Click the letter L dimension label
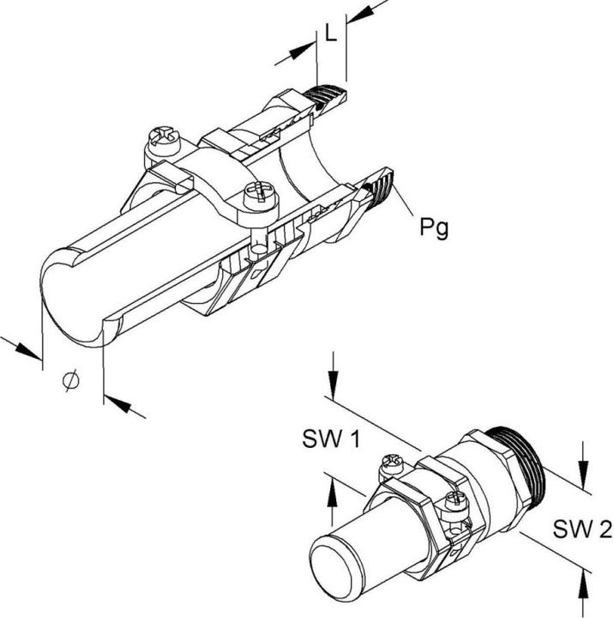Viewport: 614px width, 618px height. point(331,35)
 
